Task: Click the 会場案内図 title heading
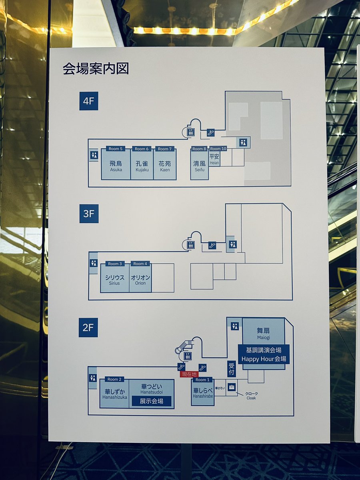coord(96,69)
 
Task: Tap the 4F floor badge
coord(88,101)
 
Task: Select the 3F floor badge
coord(88,214)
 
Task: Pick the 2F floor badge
coord(88,327)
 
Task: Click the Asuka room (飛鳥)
coord(116,166)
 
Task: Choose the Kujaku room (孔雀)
coord(142,166)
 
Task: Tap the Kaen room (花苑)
coord(165,166)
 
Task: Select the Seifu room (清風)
coord(199,166)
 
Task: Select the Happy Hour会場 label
coord(264,359)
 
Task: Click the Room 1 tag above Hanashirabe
coord(202,380)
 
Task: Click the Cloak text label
coord(251,398)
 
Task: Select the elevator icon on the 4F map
coord(191,131)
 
